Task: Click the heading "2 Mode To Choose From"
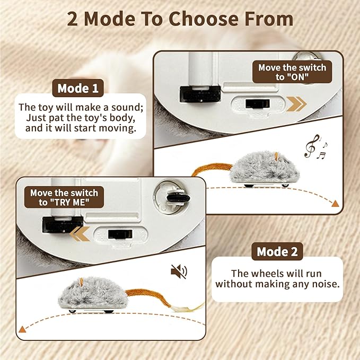(180, 19)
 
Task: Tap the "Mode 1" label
(77, 88)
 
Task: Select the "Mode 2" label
(277, 251)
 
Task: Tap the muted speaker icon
(179, 272)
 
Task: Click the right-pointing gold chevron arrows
(296, 103)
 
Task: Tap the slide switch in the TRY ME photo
(120, 234)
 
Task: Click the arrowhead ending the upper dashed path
(335, 204)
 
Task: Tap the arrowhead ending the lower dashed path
(22, 329)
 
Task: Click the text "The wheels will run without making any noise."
(277, 278)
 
